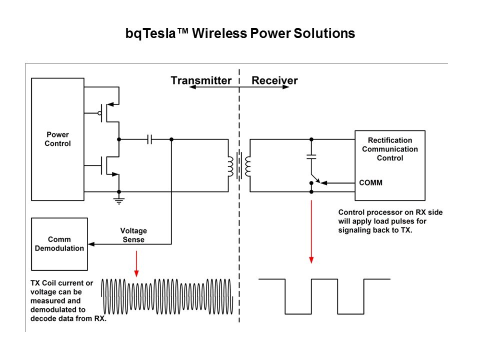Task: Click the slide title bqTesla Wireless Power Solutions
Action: (x=240, y=34)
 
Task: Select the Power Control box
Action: (x=58, y=139)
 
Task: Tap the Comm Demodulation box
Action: (x=59, y=244)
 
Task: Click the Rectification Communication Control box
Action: (x=390, y=165)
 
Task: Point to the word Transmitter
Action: (x=201, y=80)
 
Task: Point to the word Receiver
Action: (x=274, y=80)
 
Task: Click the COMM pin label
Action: (x=371, y=182)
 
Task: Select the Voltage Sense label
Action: (x=133, y=235)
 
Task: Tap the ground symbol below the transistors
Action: (x=119, y=200)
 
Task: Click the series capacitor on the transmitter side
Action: (x=149, y=139)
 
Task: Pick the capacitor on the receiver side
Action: (x=311, y=156)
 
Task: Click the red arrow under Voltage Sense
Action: (x=136, y=263)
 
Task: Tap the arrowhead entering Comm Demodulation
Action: (x=91, y=244)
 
